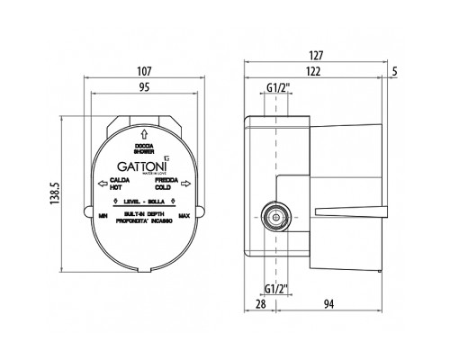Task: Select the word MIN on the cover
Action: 103,216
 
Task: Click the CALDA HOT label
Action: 118,184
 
